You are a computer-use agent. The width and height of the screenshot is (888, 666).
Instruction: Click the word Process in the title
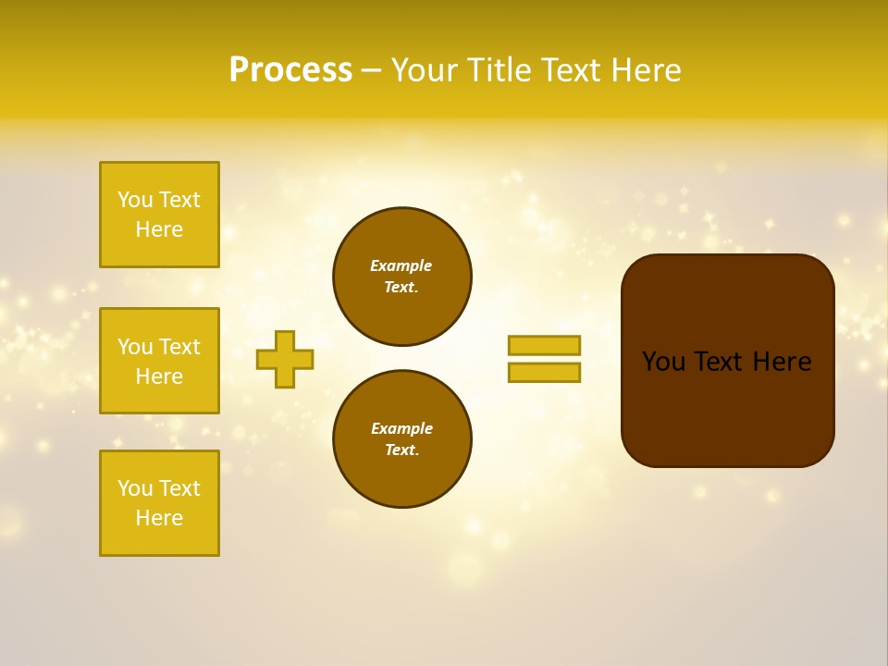290,70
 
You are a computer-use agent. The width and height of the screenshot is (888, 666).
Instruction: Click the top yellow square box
159,215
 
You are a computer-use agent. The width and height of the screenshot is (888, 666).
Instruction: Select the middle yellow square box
159,361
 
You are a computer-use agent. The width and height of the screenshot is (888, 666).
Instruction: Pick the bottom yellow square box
159,503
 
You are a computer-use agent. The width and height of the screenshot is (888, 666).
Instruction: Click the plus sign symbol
285,359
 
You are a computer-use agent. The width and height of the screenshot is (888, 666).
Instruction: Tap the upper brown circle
402,276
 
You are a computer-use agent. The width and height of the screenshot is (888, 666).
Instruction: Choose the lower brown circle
402,438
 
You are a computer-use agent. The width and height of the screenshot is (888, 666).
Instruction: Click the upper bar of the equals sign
544,345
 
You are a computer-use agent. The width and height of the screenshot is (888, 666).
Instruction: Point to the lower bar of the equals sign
544,372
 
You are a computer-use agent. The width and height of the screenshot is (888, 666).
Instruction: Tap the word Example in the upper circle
401,265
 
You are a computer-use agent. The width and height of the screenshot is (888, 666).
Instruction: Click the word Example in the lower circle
401,428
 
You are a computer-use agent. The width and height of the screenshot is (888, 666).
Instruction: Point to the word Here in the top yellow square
159,229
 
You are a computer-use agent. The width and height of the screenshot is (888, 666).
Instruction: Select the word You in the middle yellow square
134,347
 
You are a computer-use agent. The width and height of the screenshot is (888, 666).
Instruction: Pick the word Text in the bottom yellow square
179,488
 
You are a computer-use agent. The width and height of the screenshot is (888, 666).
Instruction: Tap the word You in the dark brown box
663,362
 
